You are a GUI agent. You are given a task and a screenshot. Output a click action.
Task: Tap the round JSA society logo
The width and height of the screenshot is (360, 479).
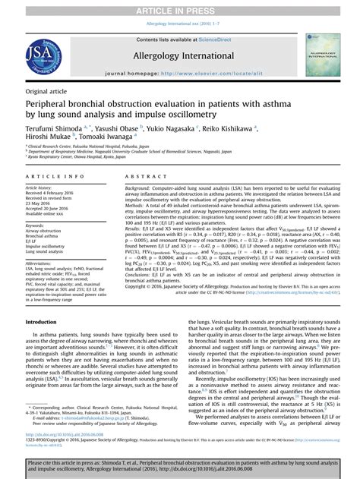[44, 56]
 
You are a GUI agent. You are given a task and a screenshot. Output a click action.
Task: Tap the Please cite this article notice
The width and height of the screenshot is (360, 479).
[180, 465]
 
